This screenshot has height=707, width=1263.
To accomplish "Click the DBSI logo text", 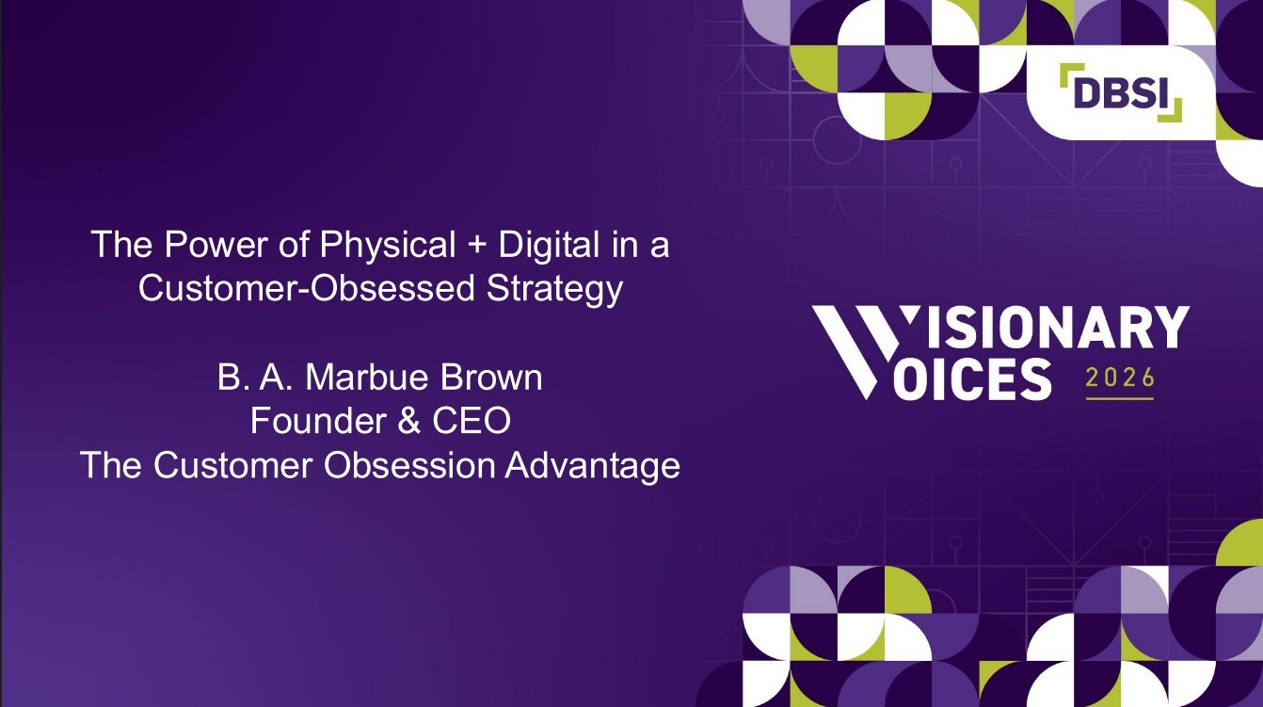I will pos(1120,91).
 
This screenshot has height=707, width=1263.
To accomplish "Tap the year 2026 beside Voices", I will pos(1119,378).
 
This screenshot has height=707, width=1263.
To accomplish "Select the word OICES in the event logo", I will pos(971,378).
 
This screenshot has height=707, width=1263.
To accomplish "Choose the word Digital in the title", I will pos(549,245).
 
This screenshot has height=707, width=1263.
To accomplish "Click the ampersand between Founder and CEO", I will pos(408,422).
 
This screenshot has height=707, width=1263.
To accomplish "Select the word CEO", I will pos(472,422).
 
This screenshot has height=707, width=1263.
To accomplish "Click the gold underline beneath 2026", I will pos(1119,398).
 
